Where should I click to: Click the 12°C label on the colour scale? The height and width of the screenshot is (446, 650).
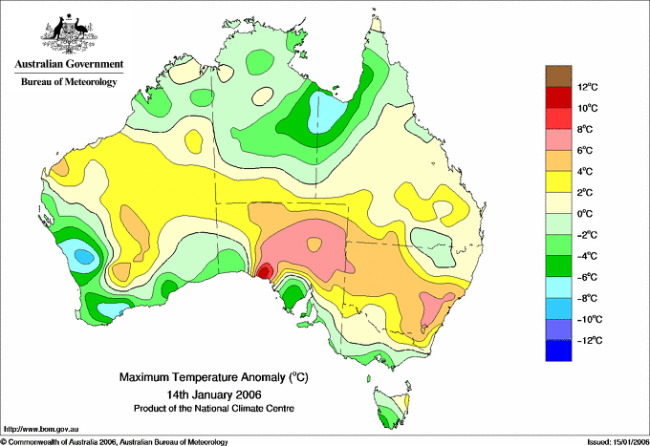point(589,87)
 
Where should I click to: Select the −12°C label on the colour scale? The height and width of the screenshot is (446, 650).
point(588,340)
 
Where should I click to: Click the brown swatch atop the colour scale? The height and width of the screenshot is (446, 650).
point(558,75)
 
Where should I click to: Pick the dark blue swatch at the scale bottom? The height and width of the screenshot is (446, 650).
point(558,350)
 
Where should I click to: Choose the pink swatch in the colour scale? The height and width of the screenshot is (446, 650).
point(558,139)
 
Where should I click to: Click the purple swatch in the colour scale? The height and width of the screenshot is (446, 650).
point(558,329)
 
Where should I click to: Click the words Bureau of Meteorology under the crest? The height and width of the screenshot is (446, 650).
point(68,82)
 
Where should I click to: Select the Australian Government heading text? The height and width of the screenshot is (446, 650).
point(68,64)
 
